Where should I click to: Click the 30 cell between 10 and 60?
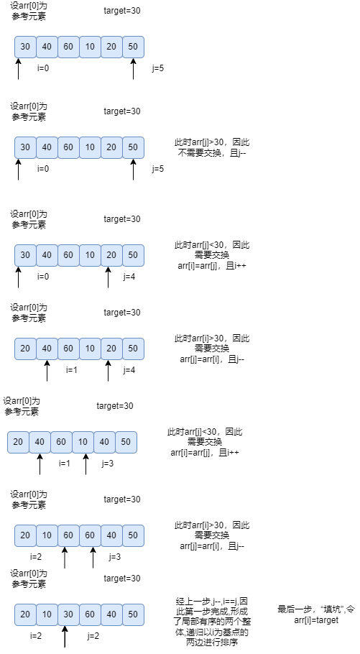(x=68, y=614)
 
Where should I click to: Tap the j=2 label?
(x=93, y=635)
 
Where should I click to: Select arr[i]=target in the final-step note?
(x=316, y=620)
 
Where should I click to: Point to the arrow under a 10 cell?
(x=86, y=464)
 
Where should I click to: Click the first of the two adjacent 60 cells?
(x=68, y=535)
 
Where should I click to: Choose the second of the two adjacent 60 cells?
(x=90, y=535)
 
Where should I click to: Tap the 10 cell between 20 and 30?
(x=47, y=614)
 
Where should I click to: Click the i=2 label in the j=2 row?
(x=37, y=635)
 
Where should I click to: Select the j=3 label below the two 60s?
(x=115, y=556)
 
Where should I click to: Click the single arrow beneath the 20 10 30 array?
(x=65, y=637)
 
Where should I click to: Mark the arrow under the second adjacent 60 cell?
(x=93, y=558)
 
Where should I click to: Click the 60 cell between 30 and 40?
(x=90, y=614)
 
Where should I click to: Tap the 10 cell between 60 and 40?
(x=83, y=442)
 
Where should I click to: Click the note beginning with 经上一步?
(x=212, y=622)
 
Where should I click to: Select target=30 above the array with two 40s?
(x=115, y=406)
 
